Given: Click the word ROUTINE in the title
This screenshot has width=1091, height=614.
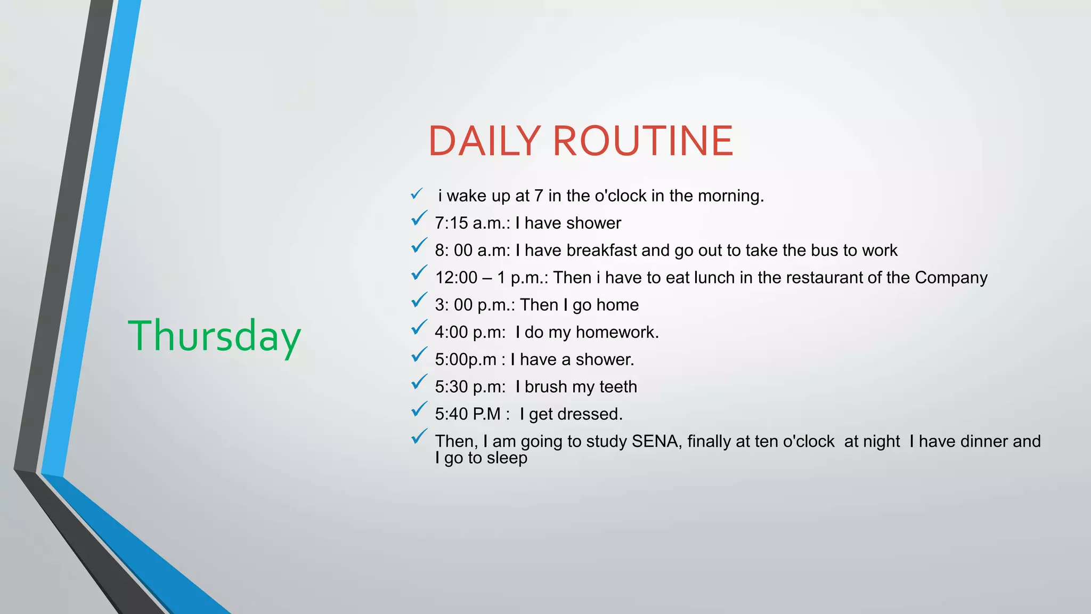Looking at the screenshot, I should pos(643,141).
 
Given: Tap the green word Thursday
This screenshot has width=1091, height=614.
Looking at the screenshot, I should pos(214,336).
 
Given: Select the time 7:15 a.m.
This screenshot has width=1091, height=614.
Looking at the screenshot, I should pos(472,223).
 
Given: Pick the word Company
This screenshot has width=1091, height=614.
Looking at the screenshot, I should pos(951,278).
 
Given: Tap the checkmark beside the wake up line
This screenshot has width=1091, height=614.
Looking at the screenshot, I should pos(417,194).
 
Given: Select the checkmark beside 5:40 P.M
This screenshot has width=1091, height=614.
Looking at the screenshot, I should pos(419,409).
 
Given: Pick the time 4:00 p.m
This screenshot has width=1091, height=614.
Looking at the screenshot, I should pos(469,333).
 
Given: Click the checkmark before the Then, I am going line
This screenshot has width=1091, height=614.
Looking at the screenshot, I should pos(419,437).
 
